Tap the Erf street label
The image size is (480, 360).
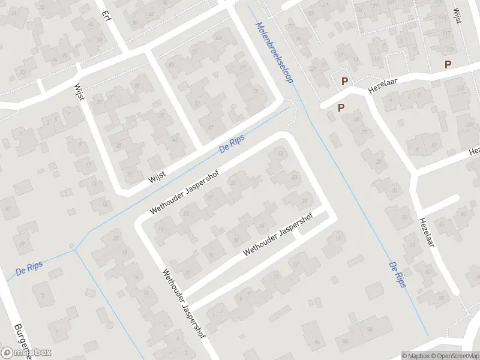[x=107, y=14]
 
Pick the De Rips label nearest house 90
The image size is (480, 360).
[x=397, y=275]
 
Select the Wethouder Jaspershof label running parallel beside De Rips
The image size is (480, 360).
[x=184, y=191]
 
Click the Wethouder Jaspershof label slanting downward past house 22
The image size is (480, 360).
[x=184, y=304]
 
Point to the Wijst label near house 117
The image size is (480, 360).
[x=458, y=14]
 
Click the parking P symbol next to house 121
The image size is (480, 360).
[x=447, y=64]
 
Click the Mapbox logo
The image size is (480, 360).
[x=26, y=352]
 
